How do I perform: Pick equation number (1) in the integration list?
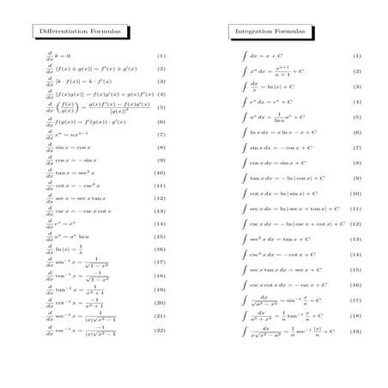[x=356, y=56]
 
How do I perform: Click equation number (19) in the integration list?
[x=356, y=331]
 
